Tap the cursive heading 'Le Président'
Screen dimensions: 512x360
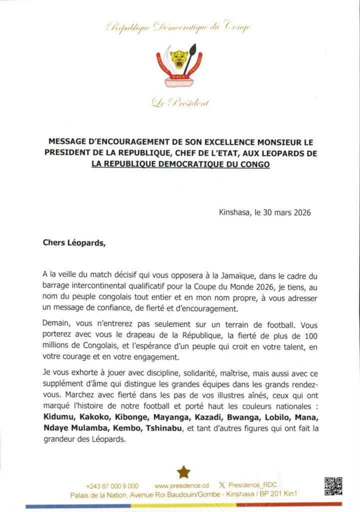tap(180, 103)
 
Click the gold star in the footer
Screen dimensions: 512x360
tap(183, 472)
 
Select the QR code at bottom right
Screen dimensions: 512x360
tap(333, 486)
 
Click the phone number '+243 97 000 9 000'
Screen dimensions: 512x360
tap(112, 485)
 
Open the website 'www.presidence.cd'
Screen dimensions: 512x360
tap(181, 485)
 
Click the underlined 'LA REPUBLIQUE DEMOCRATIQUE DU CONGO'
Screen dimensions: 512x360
tap(180, 163)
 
